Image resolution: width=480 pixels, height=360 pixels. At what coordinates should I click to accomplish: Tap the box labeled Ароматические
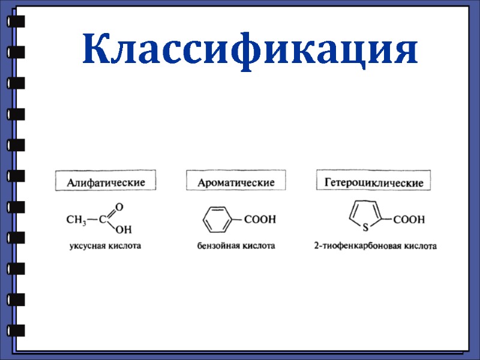(236, 181)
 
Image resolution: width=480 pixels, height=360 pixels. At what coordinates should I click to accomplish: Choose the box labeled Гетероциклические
(374, 181)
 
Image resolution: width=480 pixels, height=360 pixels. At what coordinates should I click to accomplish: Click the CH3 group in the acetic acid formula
(76, 220)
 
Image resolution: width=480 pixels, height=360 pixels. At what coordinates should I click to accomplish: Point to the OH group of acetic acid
(123, 230)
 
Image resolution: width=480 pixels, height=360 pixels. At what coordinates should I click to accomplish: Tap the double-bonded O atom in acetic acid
(119, 208)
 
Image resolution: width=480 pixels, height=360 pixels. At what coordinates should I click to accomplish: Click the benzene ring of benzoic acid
(215, 220)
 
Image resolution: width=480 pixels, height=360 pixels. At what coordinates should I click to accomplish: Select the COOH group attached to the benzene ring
(260, 220)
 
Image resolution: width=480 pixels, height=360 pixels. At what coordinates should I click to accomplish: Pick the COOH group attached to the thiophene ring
(409, 220)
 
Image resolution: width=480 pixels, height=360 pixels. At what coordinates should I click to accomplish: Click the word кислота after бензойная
(259, 246)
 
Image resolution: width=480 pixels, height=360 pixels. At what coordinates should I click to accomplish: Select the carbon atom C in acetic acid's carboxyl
(103, 220)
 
